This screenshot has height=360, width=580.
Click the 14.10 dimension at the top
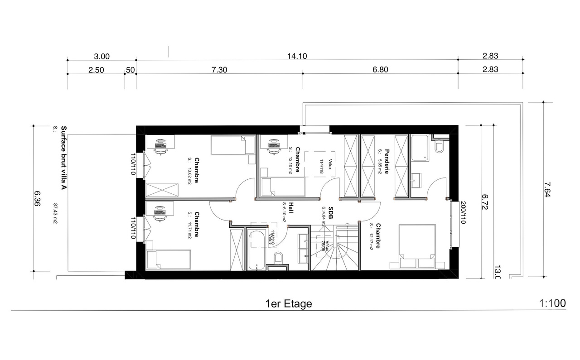[x=297, y=56]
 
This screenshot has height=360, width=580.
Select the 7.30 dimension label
[x=219, y=70]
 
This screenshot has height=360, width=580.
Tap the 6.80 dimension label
[x=381, y=70]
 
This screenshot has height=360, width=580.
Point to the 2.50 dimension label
[x=96, y=70]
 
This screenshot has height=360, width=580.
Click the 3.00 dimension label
[x=101, y=56]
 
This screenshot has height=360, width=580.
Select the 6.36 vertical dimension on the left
[x=38, y=198]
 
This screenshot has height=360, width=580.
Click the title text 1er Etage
[x=289, y=304]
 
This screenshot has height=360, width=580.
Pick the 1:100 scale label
[x=553, y=303]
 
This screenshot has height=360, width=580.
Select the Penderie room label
[x=387, y=161]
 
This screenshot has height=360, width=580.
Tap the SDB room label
[x=331, y=213]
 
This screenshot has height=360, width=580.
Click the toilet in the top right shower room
[x=439, y=148]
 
